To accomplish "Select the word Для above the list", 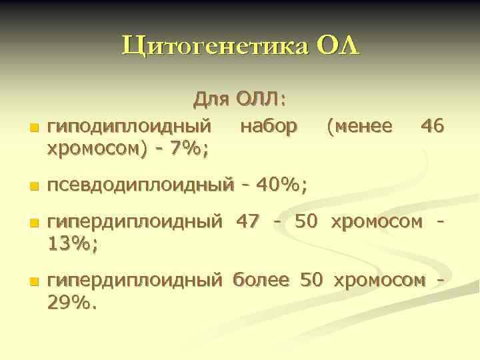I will tap(212, 100).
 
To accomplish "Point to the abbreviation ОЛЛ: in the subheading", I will tap(261, 100).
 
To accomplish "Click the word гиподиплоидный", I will tap(131, 125).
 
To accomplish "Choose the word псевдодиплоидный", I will tap(141, 185).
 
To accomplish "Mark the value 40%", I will tap(281, 184).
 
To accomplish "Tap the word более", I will tap(261, 280).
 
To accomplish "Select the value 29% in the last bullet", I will tap(73, 304).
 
